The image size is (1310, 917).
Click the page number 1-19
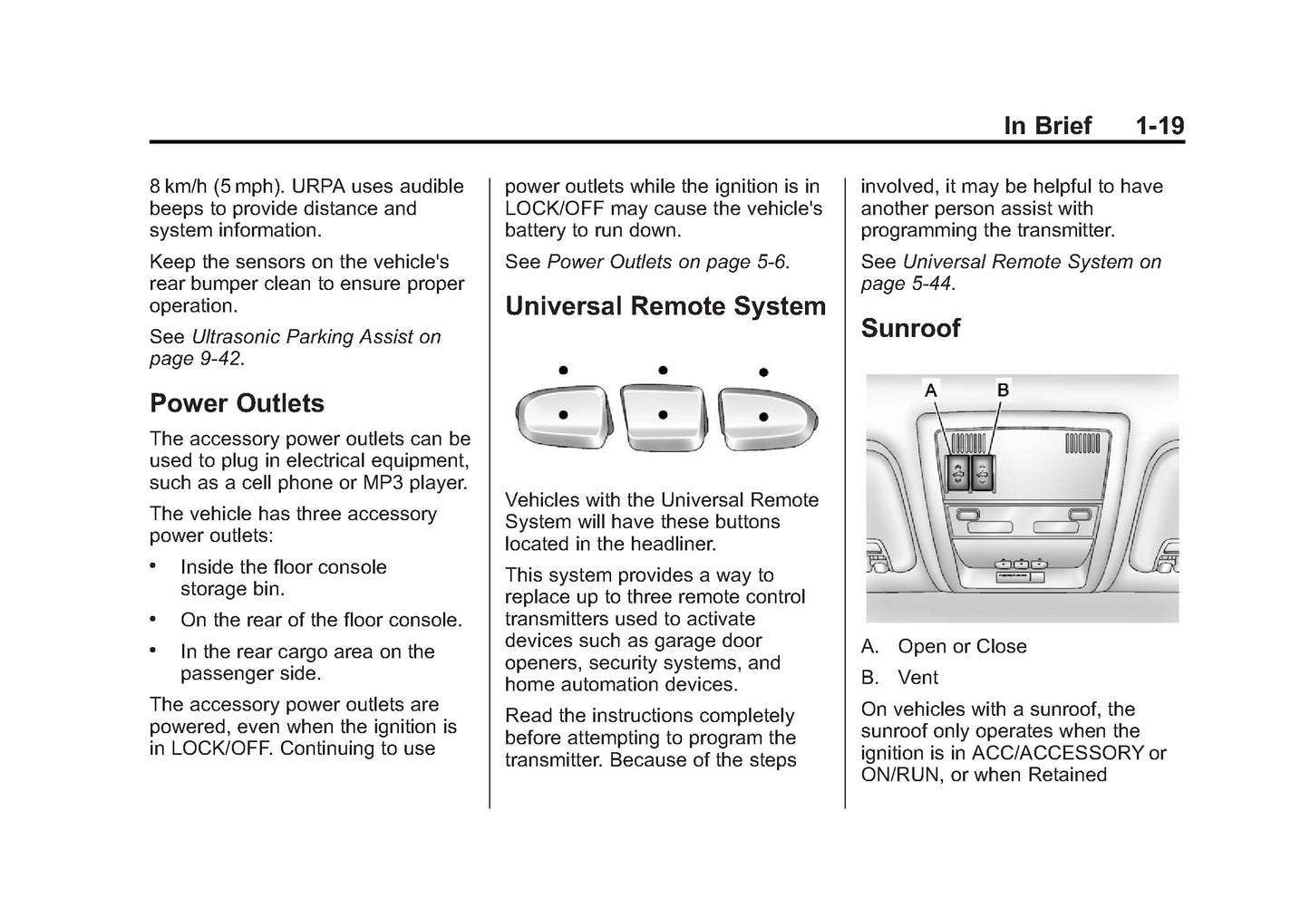(1160, 126)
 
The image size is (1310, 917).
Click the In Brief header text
(1047, 126)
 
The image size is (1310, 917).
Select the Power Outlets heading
(237, 403)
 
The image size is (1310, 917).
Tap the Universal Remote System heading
(665, 306)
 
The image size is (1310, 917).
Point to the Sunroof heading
(909, 328)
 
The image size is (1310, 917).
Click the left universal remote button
(562, 416)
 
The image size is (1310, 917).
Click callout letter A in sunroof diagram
(930, 391)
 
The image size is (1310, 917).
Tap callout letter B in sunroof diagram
(1003, 391)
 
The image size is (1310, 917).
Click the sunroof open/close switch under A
(957, 473)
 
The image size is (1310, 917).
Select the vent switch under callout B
(980, 473)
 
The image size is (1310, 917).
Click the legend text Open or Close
(962, 646)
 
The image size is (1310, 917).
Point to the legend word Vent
(917, 678)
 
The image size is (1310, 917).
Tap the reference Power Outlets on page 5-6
(667, 262)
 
